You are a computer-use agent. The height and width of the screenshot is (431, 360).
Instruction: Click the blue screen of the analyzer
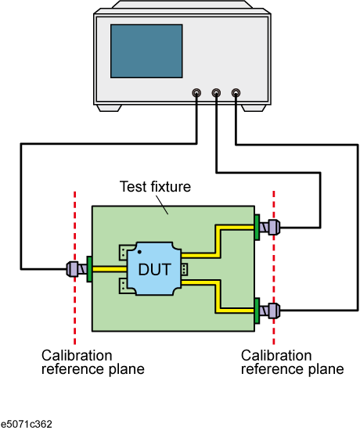146,51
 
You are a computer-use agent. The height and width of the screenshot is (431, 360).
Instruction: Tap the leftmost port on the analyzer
196,93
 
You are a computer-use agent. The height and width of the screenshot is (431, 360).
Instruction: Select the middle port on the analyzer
216,93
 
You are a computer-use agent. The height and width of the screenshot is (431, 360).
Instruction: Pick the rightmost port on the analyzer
236,93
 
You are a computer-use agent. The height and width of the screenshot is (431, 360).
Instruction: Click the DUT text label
154,269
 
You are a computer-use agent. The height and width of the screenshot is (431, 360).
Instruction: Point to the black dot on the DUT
139,252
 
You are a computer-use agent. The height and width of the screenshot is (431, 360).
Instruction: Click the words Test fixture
155,187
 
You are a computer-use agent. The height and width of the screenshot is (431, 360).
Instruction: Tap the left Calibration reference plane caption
92,362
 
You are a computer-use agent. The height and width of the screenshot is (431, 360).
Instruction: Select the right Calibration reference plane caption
293,362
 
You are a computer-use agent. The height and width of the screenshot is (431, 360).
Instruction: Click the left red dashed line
75,268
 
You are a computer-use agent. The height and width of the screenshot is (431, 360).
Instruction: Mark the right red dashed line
274,268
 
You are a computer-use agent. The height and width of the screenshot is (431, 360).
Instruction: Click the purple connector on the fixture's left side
77,269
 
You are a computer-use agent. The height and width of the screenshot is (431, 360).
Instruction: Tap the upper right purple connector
270,227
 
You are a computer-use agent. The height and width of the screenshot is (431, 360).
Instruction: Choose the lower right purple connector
270,311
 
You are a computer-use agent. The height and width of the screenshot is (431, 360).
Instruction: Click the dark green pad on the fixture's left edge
89,269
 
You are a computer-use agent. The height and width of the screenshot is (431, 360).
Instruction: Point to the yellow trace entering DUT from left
110,269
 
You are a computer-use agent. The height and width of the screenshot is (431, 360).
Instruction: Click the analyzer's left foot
110,108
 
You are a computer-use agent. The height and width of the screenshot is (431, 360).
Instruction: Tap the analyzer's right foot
254,108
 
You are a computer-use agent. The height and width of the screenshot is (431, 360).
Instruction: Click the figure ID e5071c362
26,424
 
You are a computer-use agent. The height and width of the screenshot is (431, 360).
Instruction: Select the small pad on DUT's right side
184,269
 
